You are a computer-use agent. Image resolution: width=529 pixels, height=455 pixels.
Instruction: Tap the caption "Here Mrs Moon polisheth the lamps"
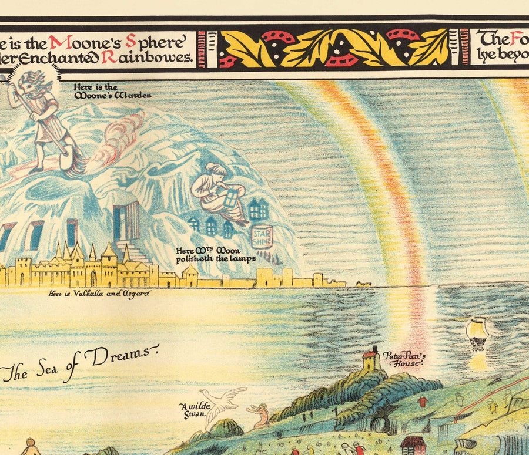(216, 254)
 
